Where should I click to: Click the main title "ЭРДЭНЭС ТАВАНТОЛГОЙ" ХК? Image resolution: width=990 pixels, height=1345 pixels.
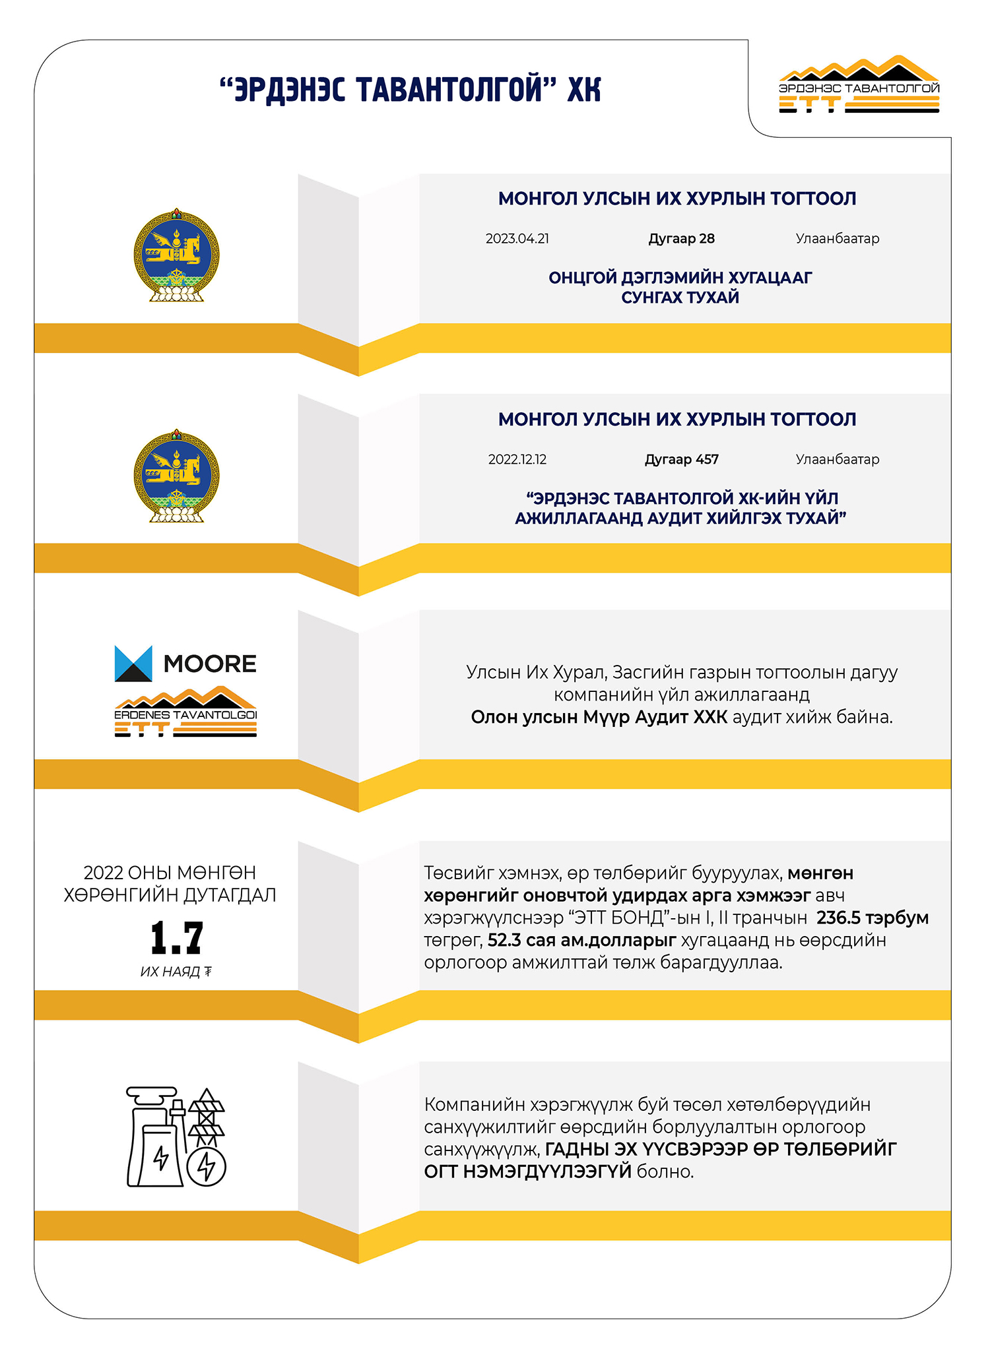410,90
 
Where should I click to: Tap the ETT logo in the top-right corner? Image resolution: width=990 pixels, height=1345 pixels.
859,86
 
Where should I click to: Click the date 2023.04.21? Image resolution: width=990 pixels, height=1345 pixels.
517,239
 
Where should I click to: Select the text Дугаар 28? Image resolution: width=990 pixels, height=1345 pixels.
681,239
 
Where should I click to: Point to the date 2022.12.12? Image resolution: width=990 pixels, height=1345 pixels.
517,460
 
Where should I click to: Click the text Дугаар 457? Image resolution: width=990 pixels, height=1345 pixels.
681,460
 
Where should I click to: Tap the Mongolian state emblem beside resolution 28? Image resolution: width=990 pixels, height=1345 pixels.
176,256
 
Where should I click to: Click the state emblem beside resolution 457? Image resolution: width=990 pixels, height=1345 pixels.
176,476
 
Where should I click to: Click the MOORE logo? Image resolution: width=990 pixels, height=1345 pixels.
185,664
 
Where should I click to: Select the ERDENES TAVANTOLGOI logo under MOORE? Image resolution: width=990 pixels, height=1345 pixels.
185,712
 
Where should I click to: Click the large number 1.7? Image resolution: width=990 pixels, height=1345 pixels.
176,938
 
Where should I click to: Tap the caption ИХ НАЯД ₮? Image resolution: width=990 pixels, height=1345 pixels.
176,972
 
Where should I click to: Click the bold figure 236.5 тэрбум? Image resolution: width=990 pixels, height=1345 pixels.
872,918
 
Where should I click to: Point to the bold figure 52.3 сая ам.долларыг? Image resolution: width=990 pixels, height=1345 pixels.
581,940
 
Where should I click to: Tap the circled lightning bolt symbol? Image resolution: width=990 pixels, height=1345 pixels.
207,1166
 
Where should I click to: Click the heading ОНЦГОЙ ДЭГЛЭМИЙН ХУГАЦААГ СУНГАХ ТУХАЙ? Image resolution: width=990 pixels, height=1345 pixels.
680,288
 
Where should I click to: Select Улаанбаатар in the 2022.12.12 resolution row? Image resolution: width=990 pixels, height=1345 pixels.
837,460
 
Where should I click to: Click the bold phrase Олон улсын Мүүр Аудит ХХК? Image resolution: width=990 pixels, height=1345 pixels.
599,718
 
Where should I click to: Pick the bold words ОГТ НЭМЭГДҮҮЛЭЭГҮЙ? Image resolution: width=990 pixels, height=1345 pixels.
527,1172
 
